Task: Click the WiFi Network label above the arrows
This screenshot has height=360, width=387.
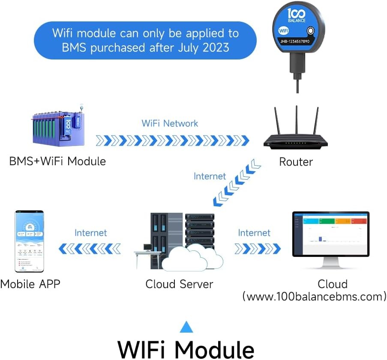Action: tap(170, 123)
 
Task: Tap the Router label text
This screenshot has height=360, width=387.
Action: tap(296, 162)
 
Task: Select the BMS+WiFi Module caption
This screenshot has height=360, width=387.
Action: tap(57, 161)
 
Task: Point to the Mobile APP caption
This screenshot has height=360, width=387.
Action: tap(30, 284)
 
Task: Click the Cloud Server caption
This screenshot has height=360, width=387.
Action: tap(179, 284)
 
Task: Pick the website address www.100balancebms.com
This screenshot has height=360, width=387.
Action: tap(314, 296)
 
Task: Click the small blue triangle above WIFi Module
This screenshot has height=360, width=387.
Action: tap(186, 327)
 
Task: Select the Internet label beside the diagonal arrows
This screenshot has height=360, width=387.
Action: tap(210, 176)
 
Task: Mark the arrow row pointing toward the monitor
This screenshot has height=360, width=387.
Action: tap(258, 248)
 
